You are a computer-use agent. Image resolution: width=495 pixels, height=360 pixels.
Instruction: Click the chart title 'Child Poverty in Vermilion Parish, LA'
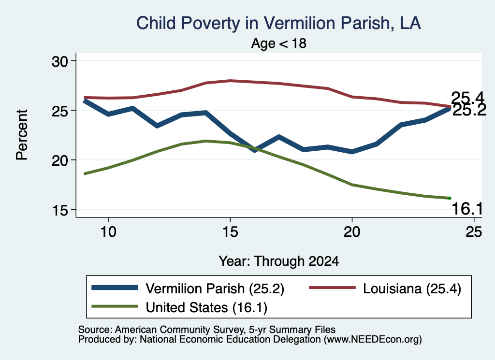278,23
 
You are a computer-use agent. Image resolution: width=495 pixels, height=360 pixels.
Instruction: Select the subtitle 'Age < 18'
279,43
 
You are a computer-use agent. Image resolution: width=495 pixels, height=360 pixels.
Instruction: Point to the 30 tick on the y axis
60,61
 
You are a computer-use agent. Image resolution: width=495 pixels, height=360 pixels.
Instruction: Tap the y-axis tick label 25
60,111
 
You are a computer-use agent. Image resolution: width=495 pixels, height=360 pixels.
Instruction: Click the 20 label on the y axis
60,160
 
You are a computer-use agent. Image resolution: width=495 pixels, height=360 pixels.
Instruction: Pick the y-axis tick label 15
60,210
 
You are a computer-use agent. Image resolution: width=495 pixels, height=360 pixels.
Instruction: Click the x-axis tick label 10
108,232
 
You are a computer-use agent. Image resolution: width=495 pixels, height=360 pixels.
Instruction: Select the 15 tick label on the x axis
230,232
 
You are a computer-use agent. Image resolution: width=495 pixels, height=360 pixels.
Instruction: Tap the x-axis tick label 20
352,232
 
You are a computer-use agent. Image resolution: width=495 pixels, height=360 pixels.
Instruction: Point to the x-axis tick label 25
474,232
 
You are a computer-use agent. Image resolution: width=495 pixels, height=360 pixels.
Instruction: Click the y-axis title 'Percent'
22,135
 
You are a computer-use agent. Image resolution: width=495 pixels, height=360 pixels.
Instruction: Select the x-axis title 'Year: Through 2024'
279,261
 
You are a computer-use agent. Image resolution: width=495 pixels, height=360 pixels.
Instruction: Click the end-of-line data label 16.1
467,209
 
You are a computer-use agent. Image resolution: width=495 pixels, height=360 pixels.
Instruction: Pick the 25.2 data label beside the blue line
469,111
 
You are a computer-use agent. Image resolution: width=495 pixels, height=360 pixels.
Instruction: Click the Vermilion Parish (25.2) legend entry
188,288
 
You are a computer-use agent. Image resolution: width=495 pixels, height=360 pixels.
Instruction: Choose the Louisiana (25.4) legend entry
385,288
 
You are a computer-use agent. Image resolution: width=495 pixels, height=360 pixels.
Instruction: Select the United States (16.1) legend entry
179,307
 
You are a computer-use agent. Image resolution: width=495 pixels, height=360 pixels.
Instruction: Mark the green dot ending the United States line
450,198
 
